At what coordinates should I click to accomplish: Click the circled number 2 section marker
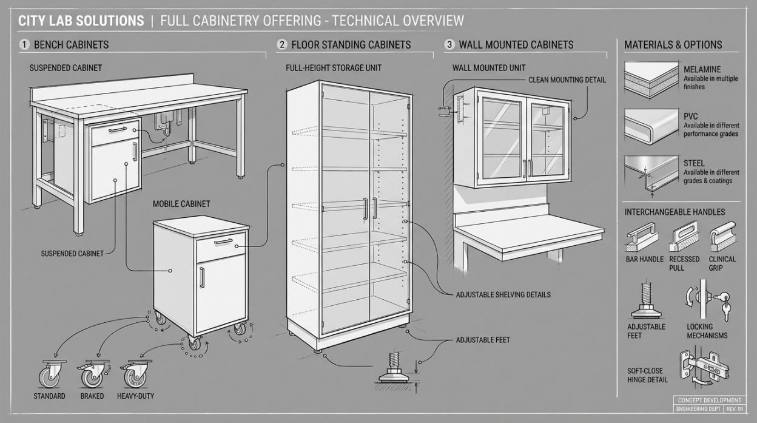pyautogui.click(x=282, y=44)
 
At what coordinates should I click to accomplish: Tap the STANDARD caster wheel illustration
pyautogui.click(x=52, y=374)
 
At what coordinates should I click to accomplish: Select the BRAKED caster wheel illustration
pyautogui.click(x=93, y=374)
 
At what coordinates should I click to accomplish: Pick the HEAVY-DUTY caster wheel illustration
pyautogui.click(x=136, y=374)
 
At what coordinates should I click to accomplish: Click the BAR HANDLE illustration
pyautogui.click(x=641, y=237)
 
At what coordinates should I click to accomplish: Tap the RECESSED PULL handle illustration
pyautogui.click(x=684, y=236)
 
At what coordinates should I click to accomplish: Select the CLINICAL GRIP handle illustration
pyautogui.click(x=722, y=236)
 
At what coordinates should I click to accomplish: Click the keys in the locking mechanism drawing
pyautogui.click(x=724, y=306)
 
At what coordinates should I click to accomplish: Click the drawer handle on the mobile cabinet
pyautogui.click(x=223, y=242)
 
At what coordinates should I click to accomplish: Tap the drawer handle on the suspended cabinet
pyautogui.click(x=118, y=129)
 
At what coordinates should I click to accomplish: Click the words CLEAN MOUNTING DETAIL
pyautogui.click(x=567, y=80)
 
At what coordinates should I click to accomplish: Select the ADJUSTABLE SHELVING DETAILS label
pyautogui.click(x=503, y=294)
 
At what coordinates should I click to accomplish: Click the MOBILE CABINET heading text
pyautogui.click(x=181, y=204)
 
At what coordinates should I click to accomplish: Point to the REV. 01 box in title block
pyautogui.click(x=735, y=409)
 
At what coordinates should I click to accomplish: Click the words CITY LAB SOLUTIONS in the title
pyautogui.click(x=81, y=21)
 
